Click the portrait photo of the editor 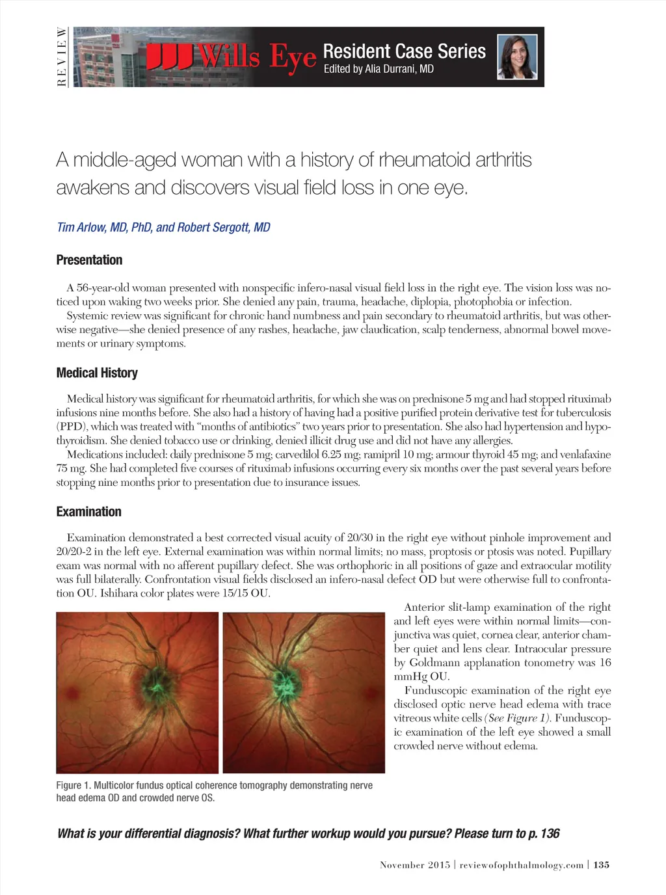click(x=518, y=57)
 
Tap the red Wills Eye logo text click(x=232, y=57)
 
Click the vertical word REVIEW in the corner click(x=62, y=57)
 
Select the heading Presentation click(x=89, y=260)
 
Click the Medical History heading click(x=97, y=373)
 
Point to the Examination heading click(x=88, y=512)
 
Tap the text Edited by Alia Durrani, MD click(x=379, y=69)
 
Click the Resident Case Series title click(x=404, y=51)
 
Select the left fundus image click(x=137, y=692)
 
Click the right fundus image click(x=304, y=692)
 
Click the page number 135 click(x=602, y=864)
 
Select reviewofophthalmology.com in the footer click(x=522, y=864)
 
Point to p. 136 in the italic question click(x=544, y=833)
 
